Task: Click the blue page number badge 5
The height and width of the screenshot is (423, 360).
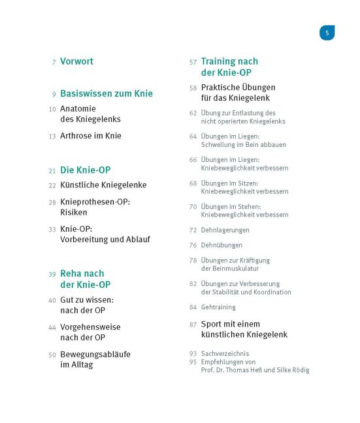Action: (x=327, y=33)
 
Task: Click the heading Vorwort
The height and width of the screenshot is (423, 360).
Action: (x=76, y=61)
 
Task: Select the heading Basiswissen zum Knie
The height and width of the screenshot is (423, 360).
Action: (x=106, y=93)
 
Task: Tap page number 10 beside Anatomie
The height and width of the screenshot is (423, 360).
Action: (x=52, y=109)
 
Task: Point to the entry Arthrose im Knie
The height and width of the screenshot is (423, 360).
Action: (x=90, y=136)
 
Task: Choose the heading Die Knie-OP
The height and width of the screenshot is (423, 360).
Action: (x=85, y=170)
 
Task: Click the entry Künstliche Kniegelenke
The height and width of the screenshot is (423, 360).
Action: (x=103, y=185)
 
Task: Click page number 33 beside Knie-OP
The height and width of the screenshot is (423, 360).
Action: (x=52, y=229)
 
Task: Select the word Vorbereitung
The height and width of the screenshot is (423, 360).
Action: (x=84, y=240)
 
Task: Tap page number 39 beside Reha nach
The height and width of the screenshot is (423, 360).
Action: (x=52, y=274)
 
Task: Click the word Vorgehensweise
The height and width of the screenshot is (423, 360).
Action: (x=90, y=327)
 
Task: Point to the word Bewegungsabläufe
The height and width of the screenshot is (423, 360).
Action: (x=95, y=354)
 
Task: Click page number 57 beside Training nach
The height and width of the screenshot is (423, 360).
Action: (x=193, y=62)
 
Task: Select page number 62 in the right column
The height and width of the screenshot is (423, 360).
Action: (x=193, y=113)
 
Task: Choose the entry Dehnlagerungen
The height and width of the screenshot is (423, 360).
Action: (x=225, y=230)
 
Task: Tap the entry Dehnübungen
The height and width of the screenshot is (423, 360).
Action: (x=221, y=245)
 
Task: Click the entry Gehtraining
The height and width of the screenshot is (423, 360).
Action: (x=218, y=307)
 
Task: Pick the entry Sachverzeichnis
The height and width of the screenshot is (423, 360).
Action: (x=226, y=353)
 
